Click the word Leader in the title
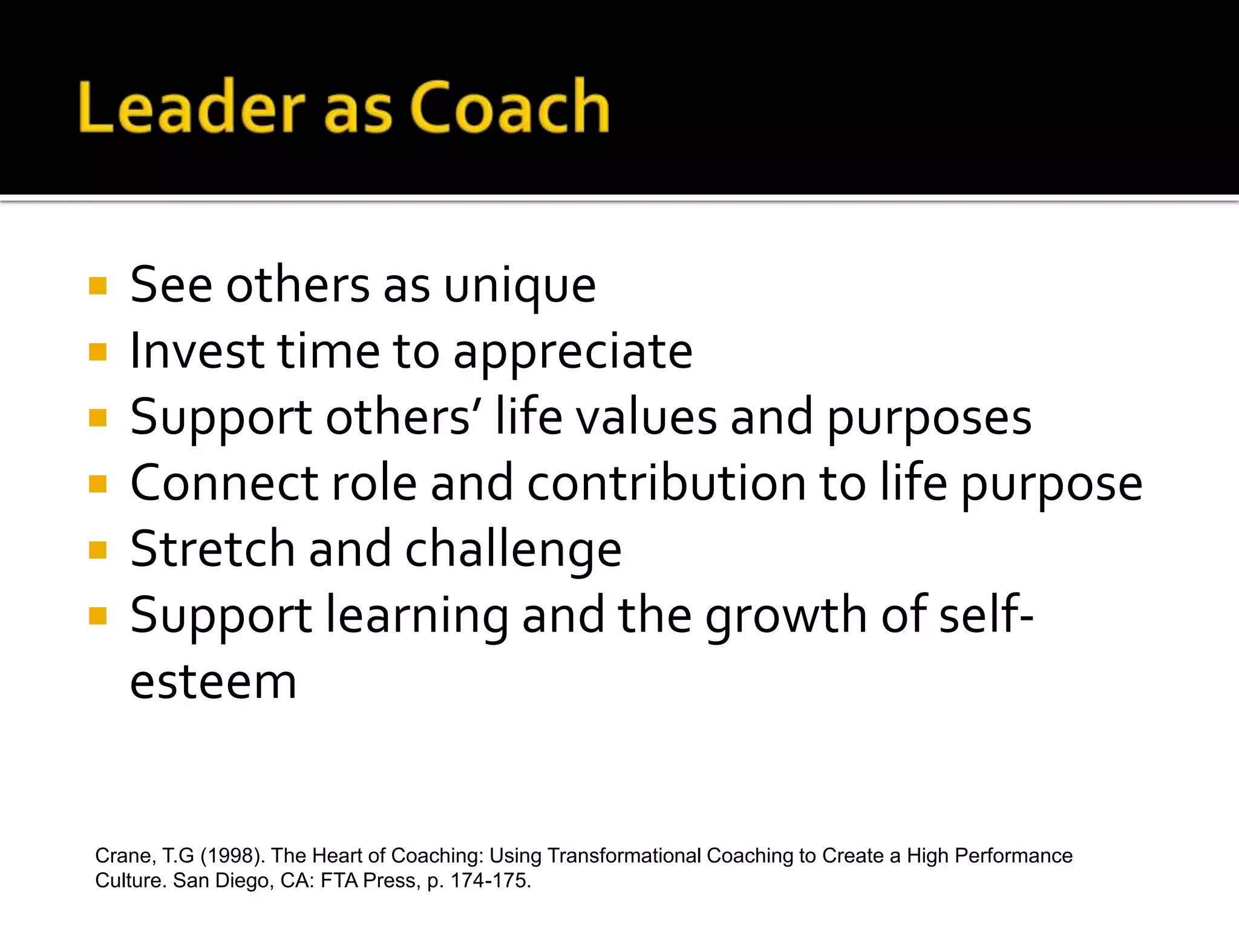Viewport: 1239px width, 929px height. coord(192,107)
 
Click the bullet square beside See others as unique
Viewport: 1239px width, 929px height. coord(97,285)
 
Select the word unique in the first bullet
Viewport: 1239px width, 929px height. coord(520,287)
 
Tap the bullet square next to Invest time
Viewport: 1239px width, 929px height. coord(97,351)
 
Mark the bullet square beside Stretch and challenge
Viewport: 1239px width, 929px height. coord(97,550)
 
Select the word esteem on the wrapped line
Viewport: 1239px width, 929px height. coord(214,682)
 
